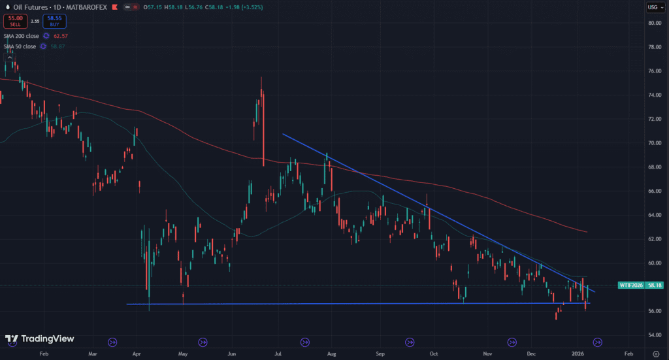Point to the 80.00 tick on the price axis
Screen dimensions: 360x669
pyautogui.click(x=653, y=23)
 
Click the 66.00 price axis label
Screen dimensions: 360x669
pyautogui.click(x=653, y=191)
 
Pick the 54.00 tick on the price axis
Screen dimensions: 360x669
pyautogui.click(x=653, y=335)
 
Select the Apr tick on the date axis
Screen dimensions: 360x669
pyautogui.click(x=137, y=353)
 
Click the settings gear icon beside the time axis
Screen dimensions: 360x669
pyautogui.click(x=655, y=353)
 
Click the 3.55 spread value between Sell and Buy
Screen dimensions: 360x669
pyautogui.click(x=35, y=22)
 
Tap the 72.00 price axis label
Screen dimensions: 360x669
pyautogui.click(x=653, y=119)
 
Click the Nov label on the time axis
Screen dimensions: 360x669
pyautogui.click(x=488, y=353)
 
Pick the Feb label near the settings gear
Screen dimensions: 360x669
pyautogui.click(x=627, y=353)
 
